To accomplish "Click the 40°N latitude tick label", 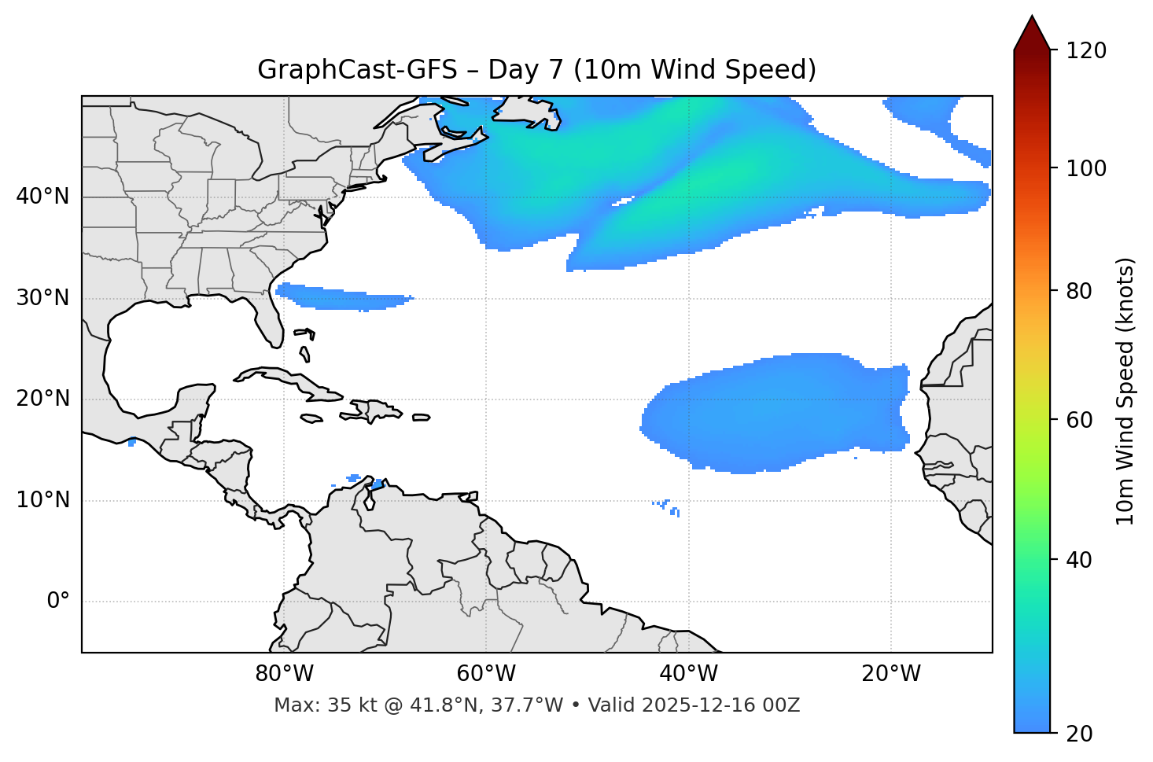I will pos(42,196).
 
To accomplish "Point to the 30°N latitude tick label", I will pos(42,298).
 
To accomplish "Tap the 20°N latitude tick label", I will pos(42,399).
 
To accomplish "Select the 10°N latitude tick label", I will pos(42,500).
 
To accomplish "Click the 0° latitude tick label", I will pos(58,602).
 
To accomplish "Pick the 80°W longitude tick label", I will pos(284,674).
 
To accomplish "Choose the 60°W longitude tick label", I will pos(486,674).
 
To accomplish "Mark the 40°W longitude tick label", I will pos(688,674).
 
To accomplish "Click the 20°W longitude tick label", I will pos(890,674).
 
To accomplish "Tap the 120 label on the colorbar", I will pos(1085,51).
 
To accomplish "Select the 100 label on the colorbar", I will pos(1085,168).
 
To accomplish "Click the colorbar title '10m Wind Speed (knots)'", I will pos(1125,391).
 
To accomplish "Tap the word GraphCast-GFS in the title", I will pos(357,70).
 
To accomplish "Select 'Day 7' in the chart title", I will pos(525,70).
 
